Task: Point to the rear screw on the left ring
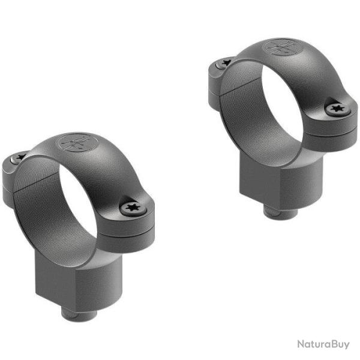(x=19, y=157)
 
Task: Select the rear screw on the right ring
(x=226, y=61)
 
